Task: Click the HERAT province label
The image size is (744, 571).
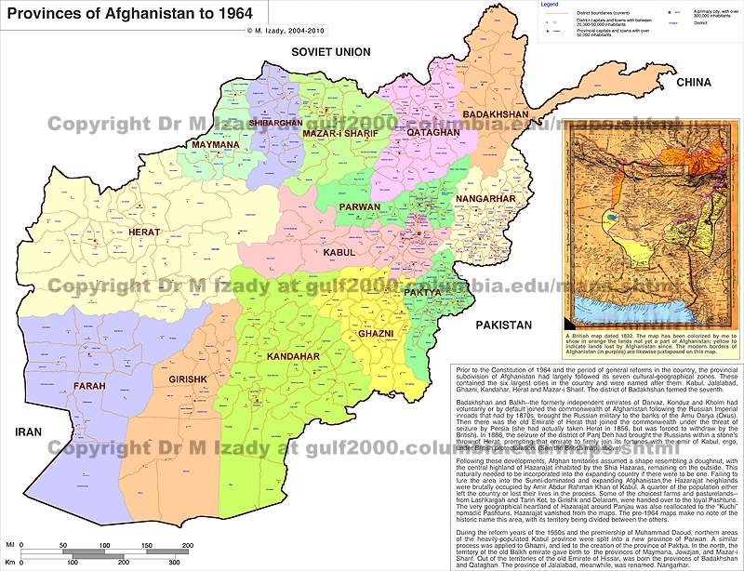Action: (x=144, y=232)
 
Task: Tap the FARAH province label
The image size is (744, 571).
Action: (x=89, y=384)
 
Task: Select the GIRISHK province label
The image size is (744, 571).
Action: (x=187, y=379)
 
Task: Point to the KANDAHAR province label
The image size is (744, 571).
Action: (x=291, y=356)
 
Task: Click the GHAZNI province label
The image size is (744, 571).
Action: (x=376, y=333)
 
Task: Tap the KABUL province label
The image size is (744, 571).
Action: (x=340, y=252)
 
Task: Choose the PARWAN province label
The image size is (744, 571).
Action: (x=359, y=207)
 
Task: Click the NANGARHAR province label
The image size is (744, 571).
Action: (x=485, y=198)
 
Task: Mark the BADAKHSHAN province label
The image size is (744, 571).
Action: (x=495, y=114)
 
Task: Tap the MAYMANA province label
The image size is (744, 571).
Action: (x=215, y=145)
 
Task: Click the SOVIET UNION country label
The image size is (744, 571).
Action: (x=330, y=52)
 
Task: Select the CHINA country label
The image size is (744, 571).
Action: (x=693, y=83)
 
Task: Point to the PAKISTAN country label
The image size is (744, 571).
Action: (x=503, y=325)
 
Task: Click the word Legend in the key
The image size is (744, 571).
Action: (x=550, y=5)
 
